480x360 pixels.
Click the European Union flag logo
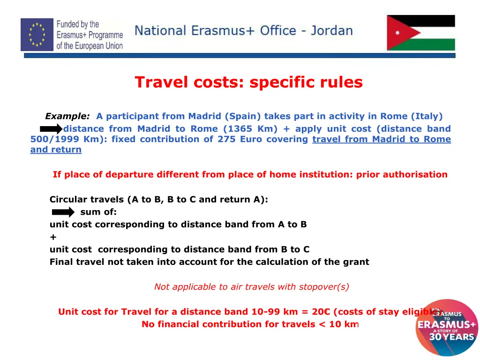click(37, 35)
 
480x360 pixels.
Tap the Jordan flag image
click(420, 33)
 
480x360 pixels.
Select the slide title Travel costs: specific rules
click(248, 82)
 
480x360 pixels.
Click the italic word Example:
click(67, 116)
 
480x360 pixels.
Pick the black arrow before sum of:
click(63, 212)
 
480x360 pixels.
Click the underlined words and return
click(56, 150)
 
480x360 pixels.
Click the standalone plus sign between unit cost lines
click(53, 237)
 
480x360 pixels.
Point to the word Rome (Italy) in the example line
click(411, 116)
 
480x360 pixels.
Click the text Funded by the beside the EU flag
click(78, 24)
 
